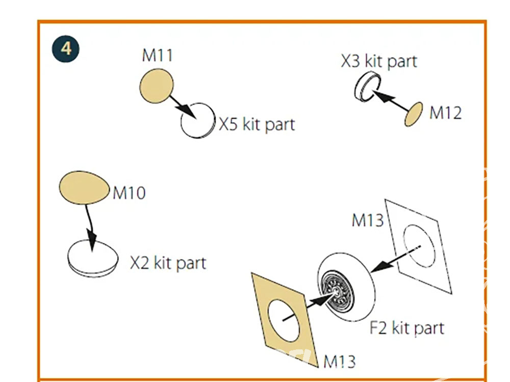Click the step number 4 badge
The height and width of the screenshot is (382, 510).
tap(66, 49)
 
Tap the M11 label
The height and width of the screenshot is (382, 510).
tap(158, 55)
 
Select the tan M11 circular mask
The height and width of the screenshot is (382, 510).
tap(157, 86)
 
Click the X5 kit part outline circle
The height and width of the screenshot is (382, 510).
tap(198, 121)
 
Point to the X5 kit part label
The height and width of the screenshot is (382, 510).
tap(257, 124)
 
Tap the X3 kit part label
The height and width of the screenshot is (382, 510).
tap(379, 61)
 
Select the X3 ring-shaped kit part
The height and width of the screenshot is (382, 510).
tap(368, 87)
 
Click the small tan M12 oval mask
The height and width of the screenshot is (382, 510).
tap(414, 114)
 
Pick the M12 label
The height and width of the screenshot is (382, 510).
tap(446, 113)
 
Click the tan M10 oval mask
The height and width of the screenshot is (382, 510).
tap(85, 187)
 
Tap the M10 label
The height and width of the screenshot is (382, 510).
tap(129, 193)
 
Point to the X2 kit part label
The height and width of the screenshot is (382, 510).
tap(168, 263)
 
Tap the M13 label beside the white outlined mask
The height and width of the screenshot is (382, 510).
tap(368, 220)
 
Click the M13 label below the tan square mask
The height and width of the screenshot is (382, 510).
tap(340, 361)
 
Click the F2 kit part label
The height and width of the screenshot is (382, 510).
tap(407, 328)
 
